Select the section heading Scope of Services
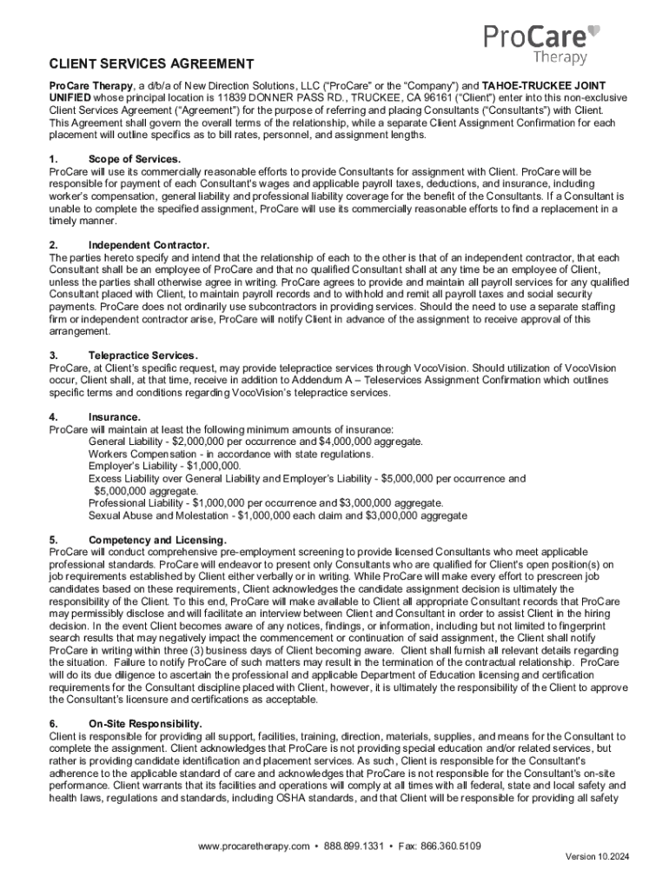pos(135,159)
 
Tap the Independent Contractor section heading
pos(149,245)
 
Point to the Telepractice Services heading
pos(143,355)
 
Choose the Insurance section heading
pos(115,416)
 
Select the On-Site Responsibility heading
pos(145,723)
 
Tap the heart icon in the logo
pos(594,32)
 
